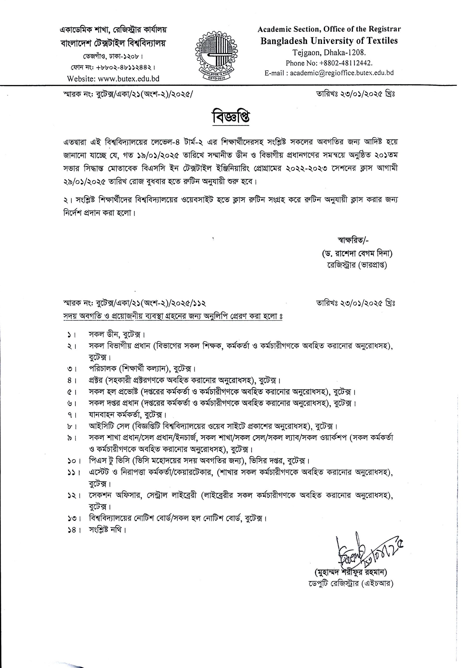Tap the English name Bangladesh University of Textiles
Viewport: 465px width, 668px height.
coord(329,41)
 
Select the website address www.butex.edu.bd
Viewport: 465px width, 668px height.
coord(129,79)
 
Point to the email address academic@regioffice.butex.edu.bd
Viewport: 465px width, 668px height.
coord(342,73)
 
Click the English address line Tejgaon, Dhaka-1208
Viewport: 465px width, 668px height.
coord(329,53)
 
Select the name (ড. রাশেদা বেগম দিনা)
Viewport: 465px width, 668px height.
coord(357,254)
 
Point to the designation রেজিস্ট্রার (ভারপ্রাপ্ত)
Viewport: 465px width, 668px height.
coord(357,265)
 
